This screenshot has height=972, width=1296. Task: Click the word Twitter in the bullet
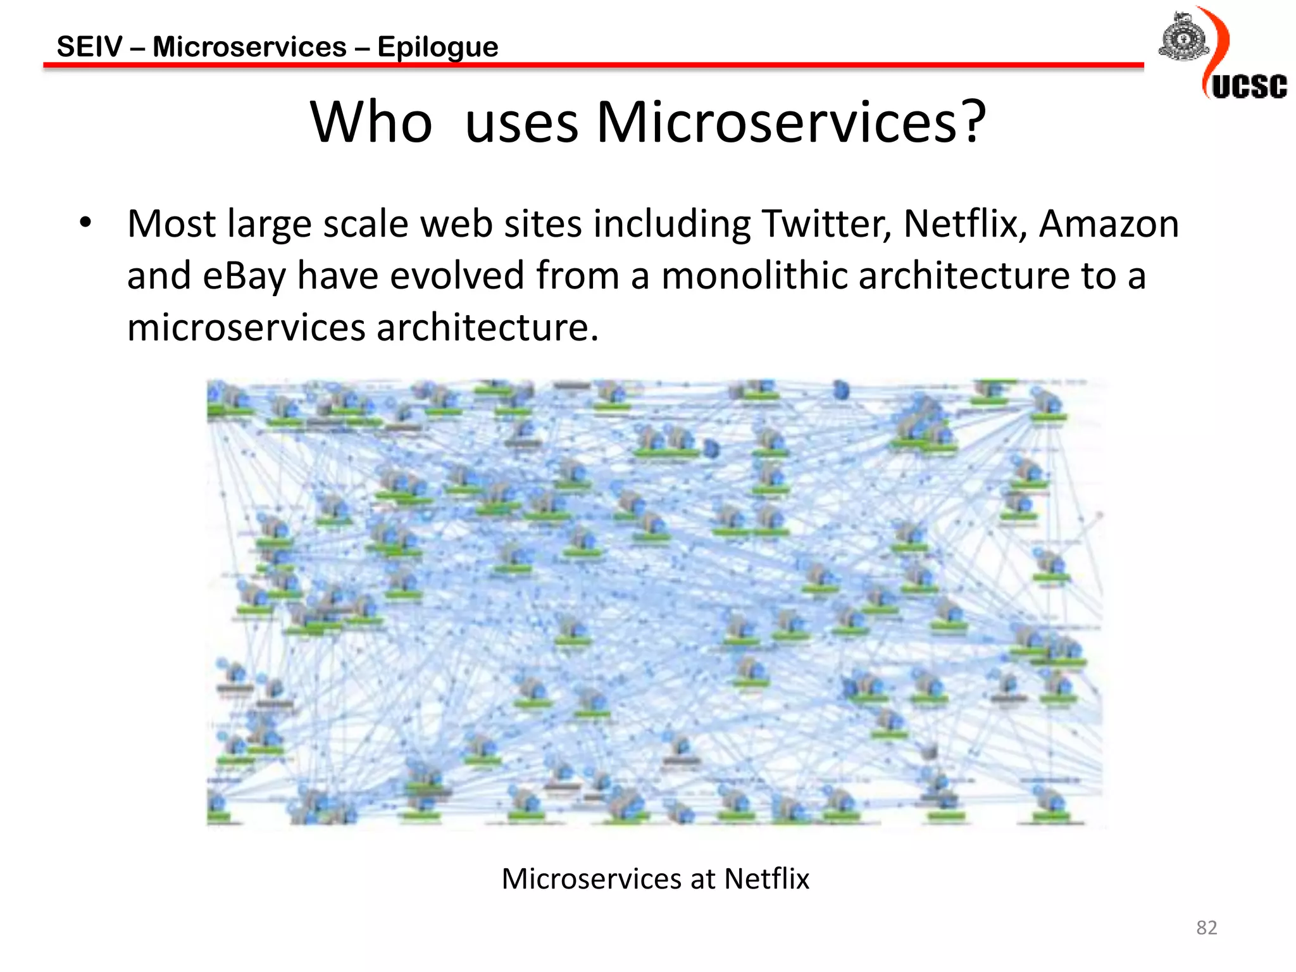[826, 224]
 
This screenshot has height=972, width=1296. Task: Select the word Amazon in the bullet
[1109, 224]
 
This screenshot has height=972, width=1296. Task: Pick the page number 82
[1206, 928]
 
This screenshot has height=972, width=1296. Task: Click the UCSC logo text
[1249, 87]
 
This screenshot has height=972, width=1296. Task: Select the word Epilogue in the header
[437, 47]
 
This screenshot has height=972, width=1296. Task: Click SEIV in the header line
[89, 47]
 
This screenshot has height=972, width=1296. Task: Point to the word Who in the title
[371, 121]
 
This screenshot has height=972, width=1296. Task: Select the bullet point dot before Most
[85, 223]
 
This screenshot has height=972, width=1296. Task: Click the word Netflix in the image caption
[766, 878]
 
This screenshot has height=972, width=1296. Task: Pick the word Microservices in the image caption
[591, 878]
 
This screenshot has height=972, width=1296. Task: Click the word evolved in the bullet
[457, 277]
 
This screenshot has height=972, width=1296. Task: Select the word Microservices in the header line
[249, 47]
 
